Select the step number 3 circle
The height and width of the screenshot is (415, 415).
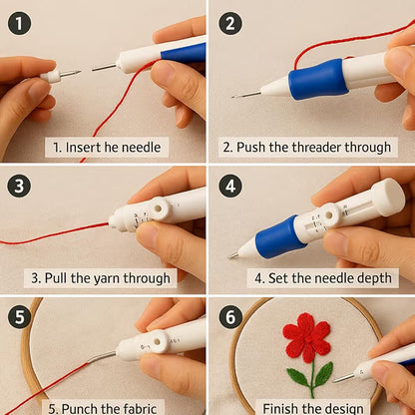point(19,186)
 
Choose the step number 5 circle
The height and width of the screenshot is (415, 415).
point(19,317)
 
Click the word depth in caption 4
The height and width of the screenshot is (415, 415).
point(362,277)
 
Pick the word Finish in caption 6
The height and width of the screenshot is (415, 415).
point(282,407)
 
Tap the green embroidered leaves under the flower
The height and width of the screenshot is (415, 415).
point(309,376)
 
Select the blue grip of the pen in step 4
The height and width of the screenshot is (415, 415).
point(282,237)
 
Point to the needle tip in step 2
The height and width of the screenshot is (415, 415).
point(237,96)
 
